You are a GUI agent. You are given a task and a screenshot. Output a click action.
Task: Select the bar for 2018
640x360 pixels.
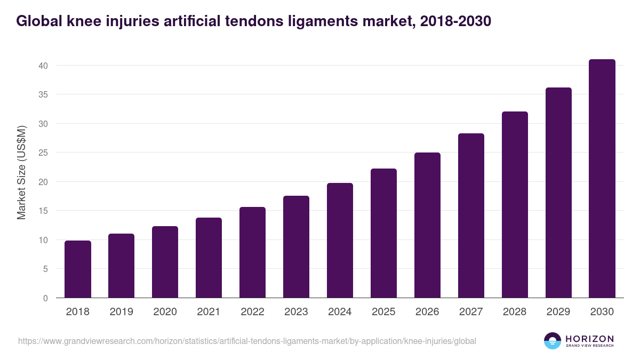[78, 269]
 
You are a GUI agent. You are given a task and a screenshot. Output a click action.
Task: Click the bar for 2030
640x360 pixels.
[602, 179]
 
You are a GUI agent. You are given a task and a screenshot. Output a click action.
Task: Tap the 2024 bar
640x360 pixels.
[340, 241]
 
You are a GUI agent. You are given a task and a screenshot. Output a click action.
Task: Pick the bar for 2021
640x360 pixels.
[209, 258]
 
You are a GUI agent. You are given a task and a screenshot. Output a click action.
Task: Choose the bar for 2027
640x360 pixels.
[471, 215]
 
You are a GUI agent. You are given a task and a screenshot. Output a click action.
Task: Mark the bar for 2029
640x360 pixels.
[558, 193]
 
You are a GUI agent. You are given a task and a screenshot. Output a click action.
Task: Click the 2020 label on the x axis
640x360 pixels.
[165, 312]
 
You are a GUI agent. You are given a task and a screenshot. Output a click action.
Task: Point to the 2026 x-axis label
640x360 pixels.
[427, 312]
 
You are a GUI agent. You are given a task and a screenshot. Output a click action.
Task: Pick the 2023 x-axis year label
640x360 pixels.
[296, 312]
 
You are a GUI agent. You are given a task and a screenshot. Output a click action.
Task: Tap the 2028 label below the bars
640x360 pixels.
[515, 312]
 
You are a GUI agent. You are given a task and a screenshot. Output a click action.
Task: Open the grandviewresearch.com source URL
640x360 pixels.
[247, 341]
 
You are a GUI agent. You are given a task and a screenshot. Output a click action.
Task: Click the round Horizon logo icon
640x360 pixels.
[553, 341]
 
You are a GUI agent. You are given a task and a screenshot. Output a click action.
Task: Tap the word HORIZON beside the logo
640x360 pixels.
[589, 339]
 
